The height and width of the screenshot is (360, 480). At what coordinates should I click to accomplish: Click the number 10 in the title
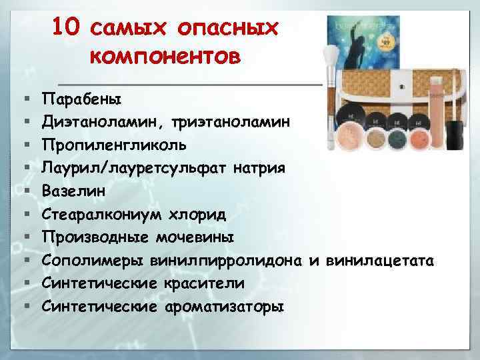[x=65, y=27]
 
